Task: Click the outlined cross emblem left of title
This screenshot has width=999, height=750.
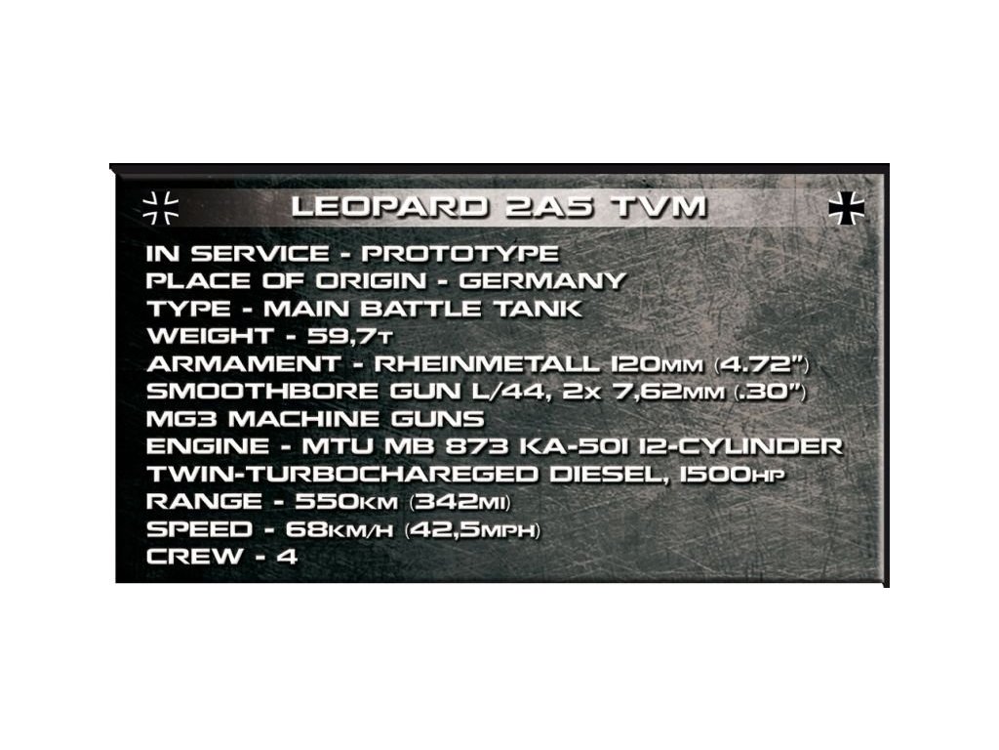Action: coord(160,206)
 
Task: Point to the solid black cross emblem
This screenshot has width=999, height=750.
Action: coord(846,207)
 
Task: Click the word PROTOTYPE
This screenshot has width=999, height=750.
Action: coord(460,254)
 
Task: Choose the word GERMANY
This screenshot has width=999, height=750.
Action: coord(542,281)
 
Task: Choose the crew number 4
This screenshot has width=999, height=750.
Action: coord(288,557)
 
